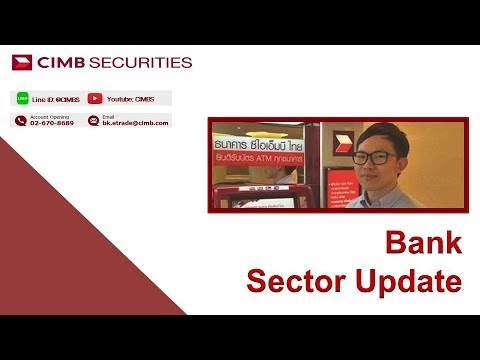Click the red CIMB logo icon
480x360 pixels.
[x=22, y=62]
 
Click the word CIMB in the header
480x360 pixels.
[x=60, y=62]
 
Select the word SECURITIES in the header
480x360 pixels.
[x=140, y=62]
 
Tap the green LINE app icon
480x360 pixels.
[x=22, y=99]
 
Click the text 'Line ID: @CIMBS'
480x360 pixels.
[x=55, y=99]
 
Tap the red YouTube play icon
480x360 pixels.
[x=95, y=99]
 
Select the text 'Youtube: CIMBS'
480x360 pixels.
[x=130, y=99]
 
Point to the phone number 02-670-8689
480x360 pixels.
[x=52, y=123]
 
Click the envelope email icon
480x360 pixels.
[x=94, y=120]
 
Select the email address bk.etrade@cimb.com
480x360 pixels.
[x=134, y=123]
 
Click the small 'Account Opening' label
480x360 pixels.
[x=51, y=116]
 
